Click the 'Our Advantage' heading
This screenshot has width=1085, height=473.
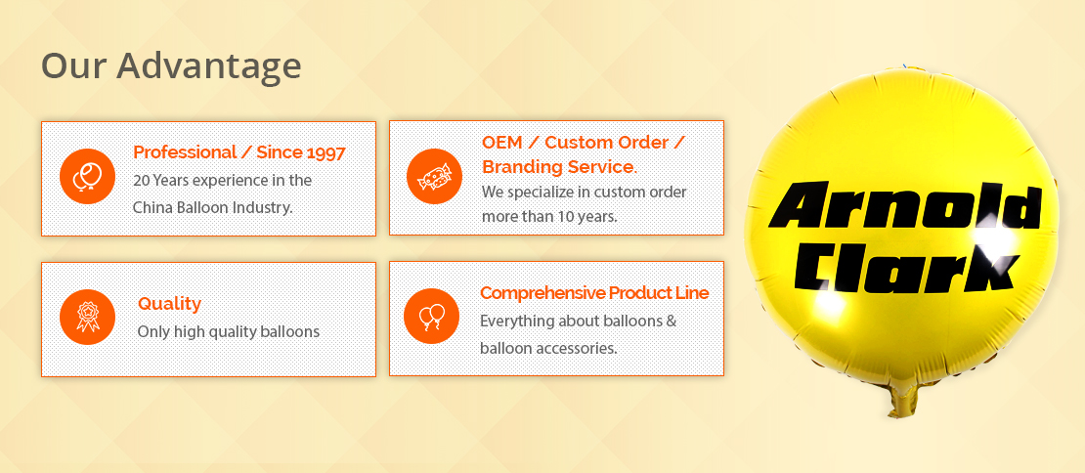pyautogui.click(x=171, y=66)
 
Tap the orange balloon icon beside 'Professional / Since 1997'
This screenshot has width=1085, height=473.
pyautogui.click(x=87, y=176)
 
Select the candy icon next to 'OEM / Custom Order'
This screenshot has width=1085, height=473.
pyautogui.click(x=434, y=176)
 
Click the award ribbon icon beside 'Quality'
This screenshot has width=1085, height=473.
pyautogui.click(x=87, y=317)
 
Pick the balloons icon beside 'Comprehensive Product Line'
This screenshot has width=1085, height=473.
pyautogui.click(x=431, y=316)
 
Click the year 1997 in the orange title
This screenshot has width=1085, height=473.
pyautogui.click(x=325, y=152)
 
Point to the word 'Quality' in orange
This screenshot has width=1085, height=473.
pyautogui.click(x=169, y=304)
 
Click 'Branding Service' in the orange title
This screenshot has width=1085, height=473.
pyautogui.click(x=558, y=167)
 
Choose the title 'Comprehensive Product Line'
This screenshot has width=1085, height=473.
pyautogui.click(x=594, y=293)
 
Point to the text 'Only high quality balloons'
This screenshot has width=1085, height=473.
pyautogui.click(x=229, y=332)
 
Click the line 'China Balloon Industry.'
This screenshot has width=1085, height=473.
pyautogui.click(x=213, y=207)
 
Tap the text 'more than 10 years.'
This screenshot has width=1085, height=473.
pyautogui.click(x=549, y=216)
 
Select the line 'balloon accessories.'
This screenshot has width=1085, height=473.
pyautogui.click(x=548, y=349)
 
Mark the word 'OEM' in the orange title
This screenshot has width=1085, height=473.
pyautogui.click(x=500, y=143)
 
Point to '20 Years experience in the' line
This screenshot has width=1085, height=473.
pyautogui.click(x=222, y=181)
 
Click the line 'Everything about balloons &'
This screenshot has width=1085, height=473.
pyautogui.click(x=579, y=322)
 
